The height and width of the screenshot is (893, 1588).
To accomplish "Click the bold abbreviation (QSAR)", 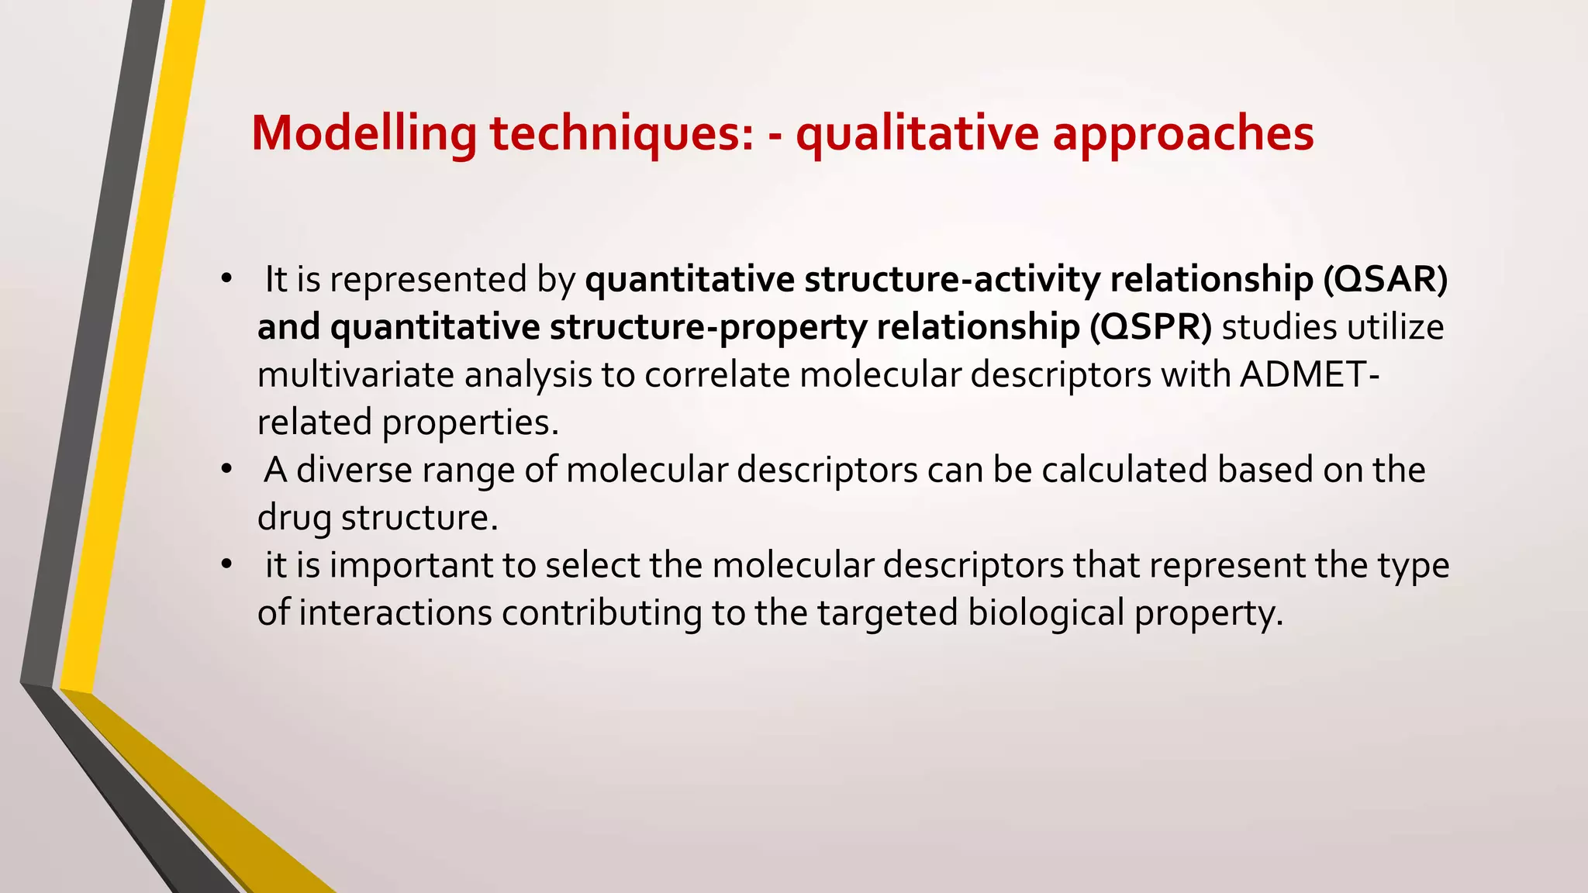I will pos(1385,280).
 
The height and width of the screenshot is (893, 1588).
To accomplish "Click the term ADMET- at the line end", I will pos(1310,375).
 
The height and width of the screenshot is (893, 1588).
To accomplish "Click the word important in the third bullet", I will pos(411,565).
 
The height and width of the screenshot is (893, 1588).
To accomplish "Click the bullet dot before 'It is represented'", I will pos(226,279).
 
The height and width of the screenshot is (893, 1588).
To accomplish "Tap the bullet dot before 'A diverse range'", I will pos(226,469).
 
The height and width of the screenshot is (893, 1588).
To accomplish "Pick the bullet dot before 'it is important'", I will pos(226,564).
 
